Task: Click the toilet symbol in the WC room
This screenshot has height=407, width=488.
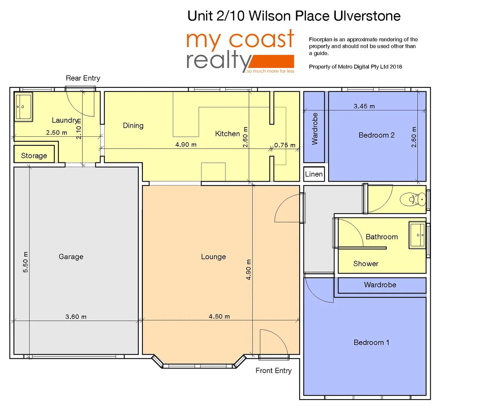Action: tap(413, 199)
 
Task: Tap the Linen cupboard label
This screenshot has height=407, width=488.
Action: tap(314, 174)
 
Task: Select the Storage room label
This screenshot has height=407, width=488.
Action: tap(34, 156)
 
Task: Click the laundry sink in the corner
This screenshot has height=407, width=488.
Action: tap(23, 107)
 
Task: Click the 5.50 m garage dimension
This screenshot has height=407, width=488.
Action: tap(25, 262)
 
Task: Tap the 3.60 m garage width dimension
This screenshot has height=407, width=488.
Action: tap(76, 317)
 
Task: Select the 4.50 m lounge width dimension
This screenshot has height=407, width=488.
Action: tap(219, 316)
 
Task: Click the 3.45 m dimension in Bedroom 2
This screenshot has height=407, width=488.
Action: tap(364, 106)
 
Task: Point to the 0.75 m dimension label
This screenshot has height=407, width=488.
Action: tap(285, 145)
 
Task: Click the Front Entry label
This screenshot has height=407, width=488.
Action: tap(274, 370)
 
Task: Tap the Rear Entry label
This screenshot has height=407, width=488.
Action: tap(83, 78)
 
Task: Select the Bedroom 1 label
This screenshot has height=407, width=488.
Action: tap(371, 342)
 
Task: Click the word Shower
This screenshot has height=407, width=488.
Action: tap(366, 263)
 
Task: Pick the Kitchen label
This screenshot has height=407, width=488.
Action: tap(227, 133)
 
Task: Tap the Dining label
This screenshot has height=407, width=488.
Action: tap(133, 125)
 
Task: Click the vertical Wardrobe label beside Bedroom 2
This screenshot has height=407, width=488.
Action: tap(315, 129)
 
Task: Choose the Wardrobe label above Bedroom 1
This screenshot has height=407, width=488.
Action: tap(380, 285)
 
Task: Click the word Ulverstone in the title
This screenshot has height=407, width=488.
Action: tap(367, 16)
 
